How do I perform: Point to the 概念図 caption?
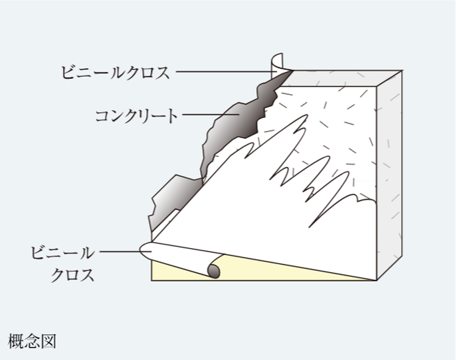tap(32, 341)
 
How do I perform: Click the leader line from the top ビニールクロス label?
tap(223, 72)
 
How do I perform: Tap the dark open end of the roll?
tap(213, 271)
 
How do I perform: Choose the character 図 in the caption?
tap(48, 341)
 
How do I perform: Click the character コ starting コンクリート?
tap(102, 116)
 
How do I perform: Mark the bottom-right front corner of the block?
tap(377, 280)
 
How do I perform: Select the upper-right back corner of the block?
tap(402, 71)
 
